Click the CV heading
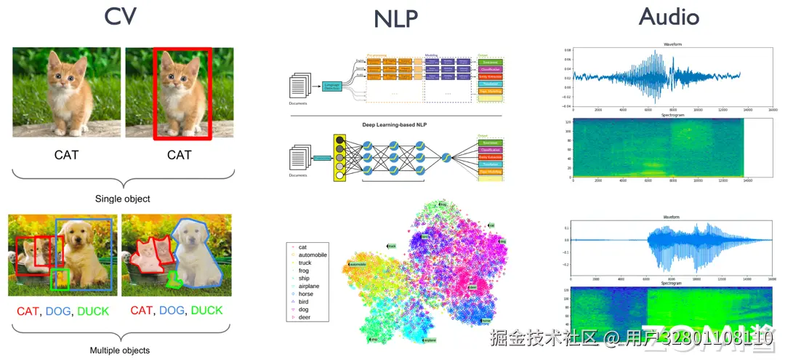(120, 16)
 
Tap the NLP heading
(396, 19)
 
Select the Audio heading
(669, 17)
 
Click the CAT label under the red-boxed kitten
(179, 155)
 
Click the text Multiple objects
(119, 351)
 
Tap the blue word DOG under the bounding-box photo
(59, 311)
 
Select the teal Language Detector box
(332, 88)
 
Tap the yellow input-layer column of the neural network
(339, 156)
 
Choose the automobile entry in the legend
(313, 255)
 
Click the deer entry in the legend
(305, 317)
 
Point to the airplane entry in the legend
(309, 287)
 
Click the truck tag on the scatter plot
(391, 247)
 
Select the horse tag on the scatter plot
(486, 321)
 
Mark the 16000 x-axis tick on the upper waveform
(773, 110)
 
